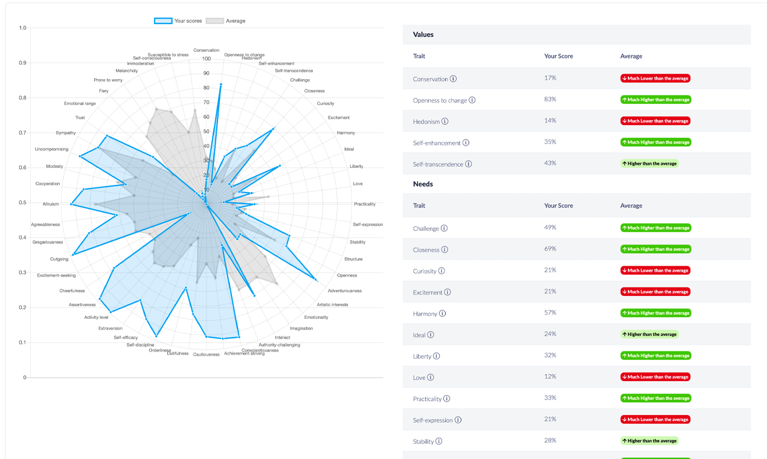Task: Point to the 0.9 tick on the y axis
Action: coord(22,63)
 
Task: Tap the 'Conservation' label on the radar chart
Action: coord(207,50)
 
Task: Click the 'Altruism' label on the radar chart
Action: coord(51,204)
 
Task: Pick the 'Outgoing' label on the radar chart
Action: coord(59,259)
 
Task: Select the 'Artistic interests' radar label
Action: coord(332,304)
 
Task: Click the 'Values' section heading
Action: coord(423,34)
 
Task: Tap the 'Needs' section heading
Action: coord(423,184)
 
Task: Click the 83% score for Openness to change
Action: coord(550,99)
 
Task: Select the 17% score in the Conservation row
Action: coord(550,78)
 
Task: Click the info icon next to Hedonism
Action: coord(445,121)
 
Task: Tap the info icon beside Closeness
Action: coord(444,249)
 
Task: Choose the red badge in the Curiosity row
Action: coord(655,271)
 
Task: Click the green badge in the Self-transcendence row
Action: coord(650,164)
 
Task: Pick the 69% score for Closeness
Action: coord(550,249)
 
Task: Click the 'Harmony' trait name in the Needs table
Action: coord(425,313)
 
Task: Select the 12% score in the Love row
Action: coord(550,377)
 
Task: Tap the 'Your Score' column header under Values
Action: coord(559,56)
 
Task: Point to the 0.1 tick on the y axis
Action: coord(22,342)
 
